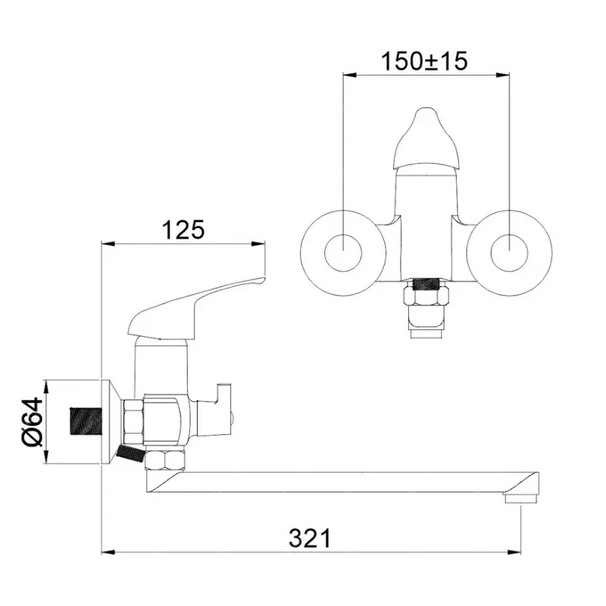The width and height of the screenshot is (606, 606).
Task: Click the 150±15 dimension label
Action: pos(424,61)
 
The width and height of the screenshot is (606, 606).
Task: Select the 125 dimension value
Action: pos(183,230)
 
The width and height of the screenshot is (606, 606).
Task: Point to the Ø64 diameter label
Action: pos(33,422)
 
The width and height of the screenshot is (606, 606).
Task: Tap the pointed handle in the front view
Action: pos(426,139)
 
